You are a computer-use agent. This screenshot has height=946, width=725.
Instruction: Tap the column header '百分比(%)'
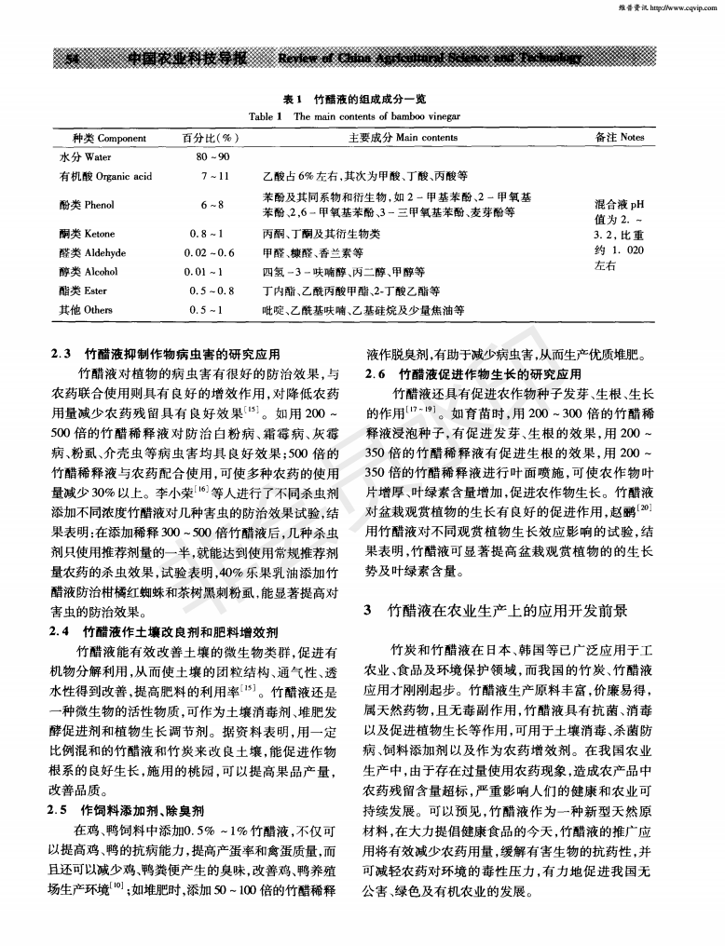tap(207, 138)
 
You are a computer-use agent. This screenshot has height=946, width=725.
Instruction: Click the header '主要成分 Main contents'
tap(403, 138)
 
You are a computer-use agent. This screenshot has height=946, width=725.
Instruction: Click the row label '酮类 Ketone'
tap(89, 235)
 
